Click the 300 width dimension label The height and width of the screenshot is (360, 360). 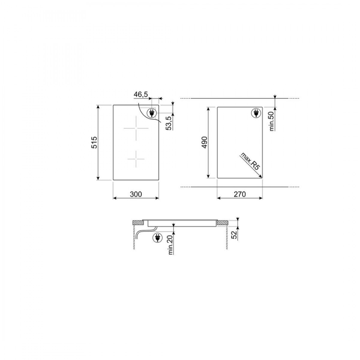point(136,194)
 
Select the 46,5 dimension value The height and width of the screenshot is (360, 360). point(141,94)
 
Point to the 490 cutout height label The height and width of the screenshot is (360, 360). point(205,143)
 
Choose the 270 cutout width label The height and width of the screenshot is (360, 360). point(239,194)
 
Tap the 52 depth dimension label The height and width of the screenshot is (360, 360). point(234,233)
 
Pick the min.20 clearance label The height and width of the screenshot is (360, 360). point(170,244)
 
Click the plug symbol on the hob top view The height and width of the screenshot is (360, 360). point(151,113)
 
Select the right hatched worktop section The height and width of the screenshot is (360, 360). point(223,223)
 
